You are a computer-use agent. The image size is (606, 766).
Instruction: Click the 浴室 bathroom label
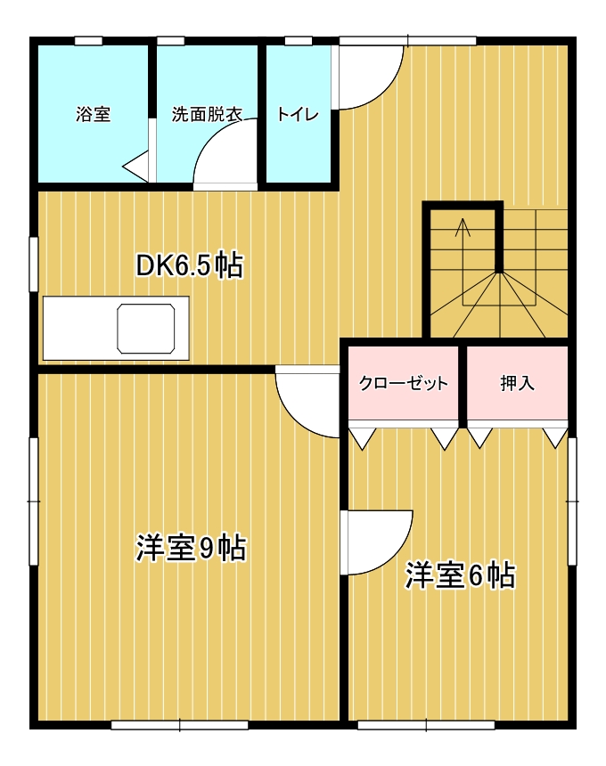coord(93,114)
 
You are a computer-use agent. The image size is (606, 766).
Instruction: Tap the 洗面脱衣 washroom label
coord(207,114)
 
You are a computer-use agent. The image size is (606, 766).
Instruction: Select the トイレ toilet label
coord(298,114)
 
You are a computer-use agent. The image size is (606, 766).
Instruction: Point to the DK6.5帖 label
coord(189,265)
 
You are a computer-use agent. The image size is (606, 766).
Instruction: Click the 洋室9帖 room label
coord(191,548)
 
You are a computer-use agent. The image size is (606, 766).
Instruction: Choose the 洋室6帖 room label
coord(460,575)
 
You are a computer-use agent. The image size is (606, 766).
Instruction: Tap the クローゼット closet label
coord(403,383)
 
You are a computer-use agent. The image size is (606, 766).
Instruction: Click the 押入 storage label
coord(517,383)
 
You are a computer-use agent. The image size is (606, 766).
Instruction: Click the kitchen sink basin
coord(146,329)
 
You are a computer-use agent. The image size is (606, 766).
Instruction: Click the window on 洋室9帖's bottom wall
coord(180,725)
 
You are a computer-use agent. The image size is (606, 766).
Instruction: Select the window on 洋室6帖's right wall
coord(572,501)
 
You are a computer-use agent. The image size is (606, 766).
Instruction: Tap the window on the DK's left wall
coord(34,265)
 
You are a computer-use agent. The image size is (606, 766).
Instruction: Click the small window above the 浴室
coord(88,41)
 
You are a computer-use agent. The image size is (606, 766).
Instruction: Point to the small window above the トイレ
coord(299,41)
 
